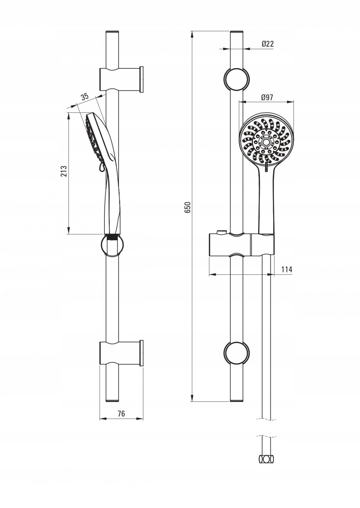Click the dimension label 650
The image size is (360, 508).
click(x=188, y=207)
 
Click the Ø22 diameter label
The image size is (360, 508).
click(x=267, y=44)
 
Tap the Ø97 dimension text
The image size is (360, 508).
click(x=267, y=98)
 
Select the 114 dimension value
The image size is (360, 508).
click(x=286, y=270)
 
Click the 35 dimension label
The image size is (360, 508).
click(x=84, y=97)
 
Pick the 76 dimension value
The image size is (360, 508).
click(x=121, y=414)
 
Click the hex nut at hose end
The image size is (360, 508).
click(x=266, y=459)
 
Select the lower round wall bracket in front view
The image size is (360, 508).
click(x=237, y=353)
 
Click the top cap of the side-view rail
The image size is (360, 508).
click(x=113, y=32)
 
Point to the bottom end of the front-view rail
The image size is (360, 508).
click(x=237, y=400)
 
